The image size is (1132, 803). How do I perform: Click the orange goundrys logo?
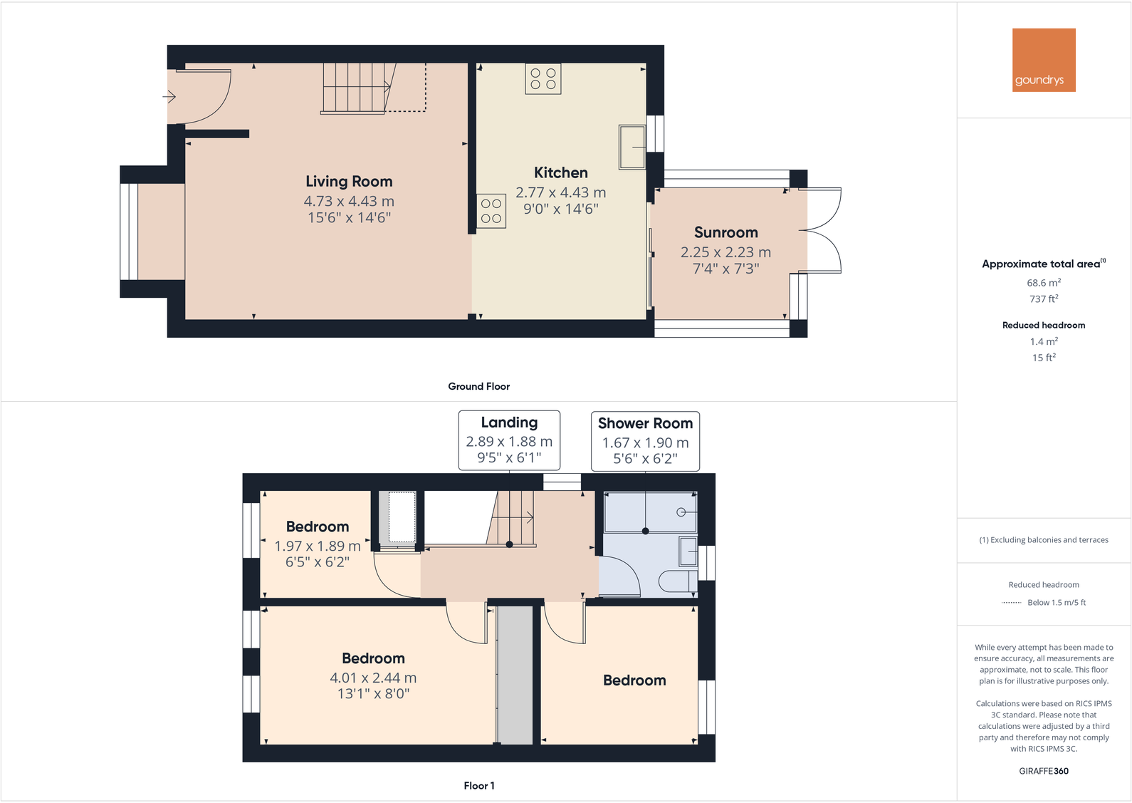point(1044,60)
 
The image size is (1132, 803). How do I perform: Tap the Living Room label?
point(349,182)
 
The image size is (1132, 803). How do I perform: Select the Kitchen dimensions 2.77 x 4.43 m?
point(560,192)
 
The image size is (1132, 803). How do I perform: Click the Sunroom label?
point(725,232)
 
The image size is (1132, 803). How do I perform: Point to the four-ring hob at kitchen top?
point(543,78)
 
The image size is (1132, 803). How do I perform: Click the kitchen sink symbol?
point(631,147)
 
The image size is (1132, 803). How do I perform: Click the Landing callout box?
point(509,440)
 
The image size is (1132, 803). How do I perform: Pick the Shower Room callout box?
point(645,441)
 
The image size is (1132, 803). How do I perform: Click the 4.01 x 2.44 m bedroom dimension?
point(373,678)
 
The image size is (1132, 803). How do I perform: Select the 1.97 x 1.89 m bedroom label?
point(318,527)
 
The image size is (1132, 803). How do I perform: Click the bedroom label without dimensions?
point(634,680)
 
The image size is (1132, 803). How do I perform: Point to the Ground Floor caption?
point(478,386)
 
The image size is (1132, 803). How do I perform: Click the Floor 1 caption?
point(478,785)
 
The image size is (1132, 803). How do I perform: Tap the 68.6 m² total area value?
point(1044,283)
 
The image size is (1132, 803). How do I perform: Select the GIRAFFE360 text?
point(1044,771)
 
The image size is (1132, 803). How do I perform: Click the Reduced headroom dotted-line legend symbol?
point(1011,603)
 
